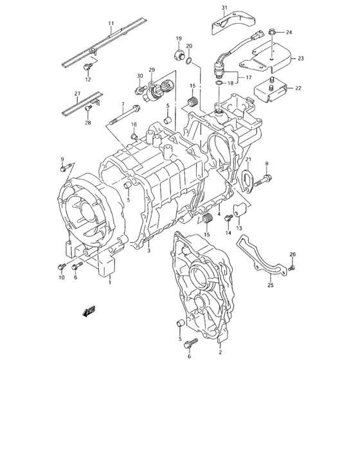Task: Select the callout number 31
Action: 225,8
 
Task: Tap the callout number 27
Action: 77,93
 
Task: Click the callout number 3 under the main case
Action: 148,251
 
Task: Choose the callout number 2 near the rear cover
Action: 220,352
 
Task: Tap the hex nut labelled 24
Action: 273,32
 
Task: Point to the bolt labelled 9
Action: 64,169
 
